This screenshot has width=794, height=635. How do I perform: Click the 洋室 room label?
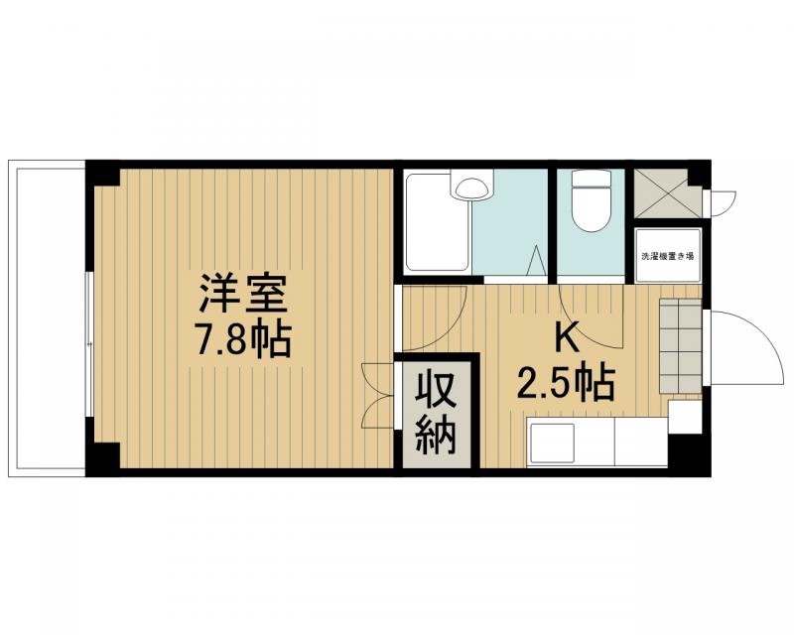[242, 295]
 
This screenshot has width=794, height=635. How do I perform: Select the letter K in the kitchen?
[566, 337]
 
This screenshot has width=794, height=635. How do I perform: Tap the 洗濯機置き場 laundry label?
[668, 256]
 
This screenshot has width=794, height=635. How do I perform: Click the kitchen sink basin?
[553, 442]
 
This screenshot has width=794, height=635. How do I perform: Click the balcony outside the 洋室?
[48, 317]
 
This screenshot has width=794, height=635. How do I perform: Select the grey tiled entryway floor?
[680, 346]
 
